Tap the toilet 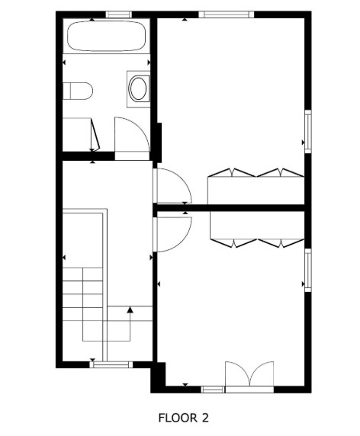[x=79, y=91]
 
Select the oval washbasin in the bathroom [x=139, y=88]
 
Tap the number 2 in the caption [x=204, y=418]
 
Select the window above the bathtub [x=117, y=14]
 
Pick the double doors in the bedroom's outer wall [x=249, y=375]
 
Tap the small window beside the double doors [x=213, y=389]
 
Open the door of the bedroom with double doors [x=172, y=231]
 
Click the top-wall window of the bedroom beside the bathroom [x=225, y=14]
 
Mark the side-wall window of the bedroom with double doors [x=308, y=270]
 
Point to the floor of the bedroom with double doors [x=229, y=313]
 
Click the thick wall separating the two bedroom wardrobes [x=233, y=206]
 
